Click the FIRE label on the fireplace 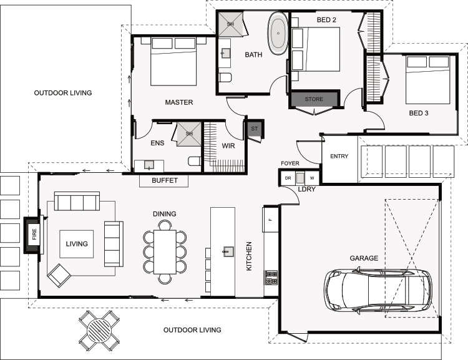click(x=34, y=235)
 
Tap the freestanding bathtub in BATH click(x=278, y=33)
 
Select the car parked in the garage click(x=378, y=290)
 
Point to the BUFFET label click(x=165, y=180)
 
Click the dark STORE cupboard click(x=314, y=99)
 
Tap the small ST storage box click(x=254, y=129)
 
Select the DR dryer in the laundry click(x=288, y=178)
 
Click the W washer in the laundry click(x=312, y=178)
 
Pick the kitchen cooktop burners click(x=271, y=278)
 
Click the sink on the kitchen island click(x=228, y=251)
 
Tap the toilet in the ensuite click(x=194, y=161)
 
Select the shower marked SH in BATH click(x=231, y=24)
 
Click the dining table click(x=165, y=252)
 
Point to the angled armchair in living click(x=59, y=276)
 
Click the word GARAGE click(x=364, y=258)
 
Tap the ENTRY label click(x=339, y=156)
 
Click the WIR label click(x=228, y=146)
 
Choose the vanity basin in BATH click(x=225, y=54)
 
